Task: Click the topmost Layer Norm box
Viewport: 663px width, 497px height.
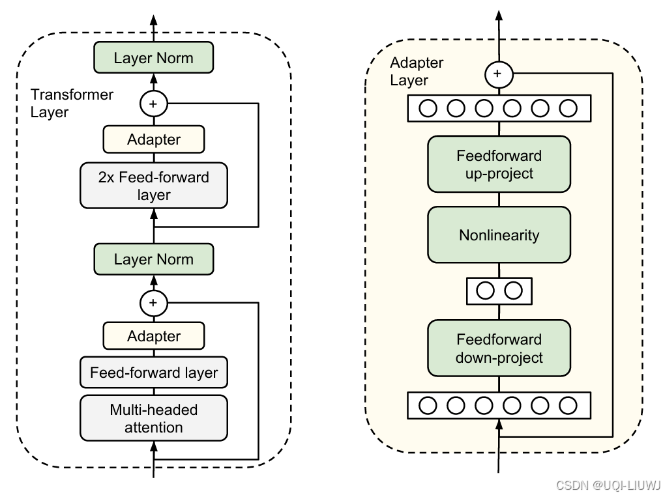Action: tap(153, 57)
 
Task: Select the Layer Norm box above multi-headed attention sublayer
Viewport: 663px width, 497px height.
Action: tap(153, 259)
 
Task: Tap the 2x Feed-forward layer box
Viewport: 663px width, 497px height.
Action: tap(153, 186)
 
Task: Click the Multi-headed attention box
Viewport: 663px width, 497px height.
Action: tap(153, 418)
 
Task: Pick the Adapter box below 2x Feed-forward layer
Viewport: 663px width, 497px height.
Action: tap(153, 336)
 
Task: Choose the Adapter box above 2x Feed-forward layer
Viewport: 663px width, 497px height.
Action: tap(153, 139)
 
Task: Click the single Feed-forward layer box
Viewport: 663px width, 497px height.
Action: tap(153, 373)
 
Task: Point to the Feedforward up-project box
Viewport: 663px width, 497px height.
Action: tap(499, 164)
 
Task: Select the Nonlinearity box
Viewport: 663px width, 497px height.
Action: tap(499, 234)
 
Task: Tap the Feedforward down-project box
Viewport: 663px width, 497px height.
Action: tap(499, 348)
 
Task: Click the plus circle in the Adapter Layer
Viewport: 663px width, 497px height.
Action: tap(499, 74)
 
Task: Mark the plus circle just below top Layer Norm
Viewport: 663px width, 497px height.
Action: tap(153, 104)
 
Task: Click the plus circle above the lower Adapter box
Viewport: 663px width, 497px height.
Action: tap(153, 303)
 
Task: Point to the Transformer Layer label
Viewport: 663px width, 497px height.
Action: tap(72, 103)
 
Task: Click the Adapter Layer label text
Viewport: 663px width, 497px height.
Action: tap(417, 71)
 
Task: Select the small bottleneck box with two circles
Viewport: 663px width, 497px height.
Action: tap(499, 291)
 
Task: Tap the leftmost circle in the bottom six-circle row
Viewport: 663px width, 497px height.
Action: tap(428, 406)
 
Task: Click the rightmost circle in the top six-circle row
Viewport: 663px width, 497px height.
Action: tap(568, 108)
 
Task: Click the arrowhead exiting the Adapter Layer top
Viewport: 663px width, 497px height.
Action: tap(499, 16)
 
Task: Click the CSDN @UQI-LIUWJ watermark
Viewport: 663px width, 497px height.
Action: tap(608, 485)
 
